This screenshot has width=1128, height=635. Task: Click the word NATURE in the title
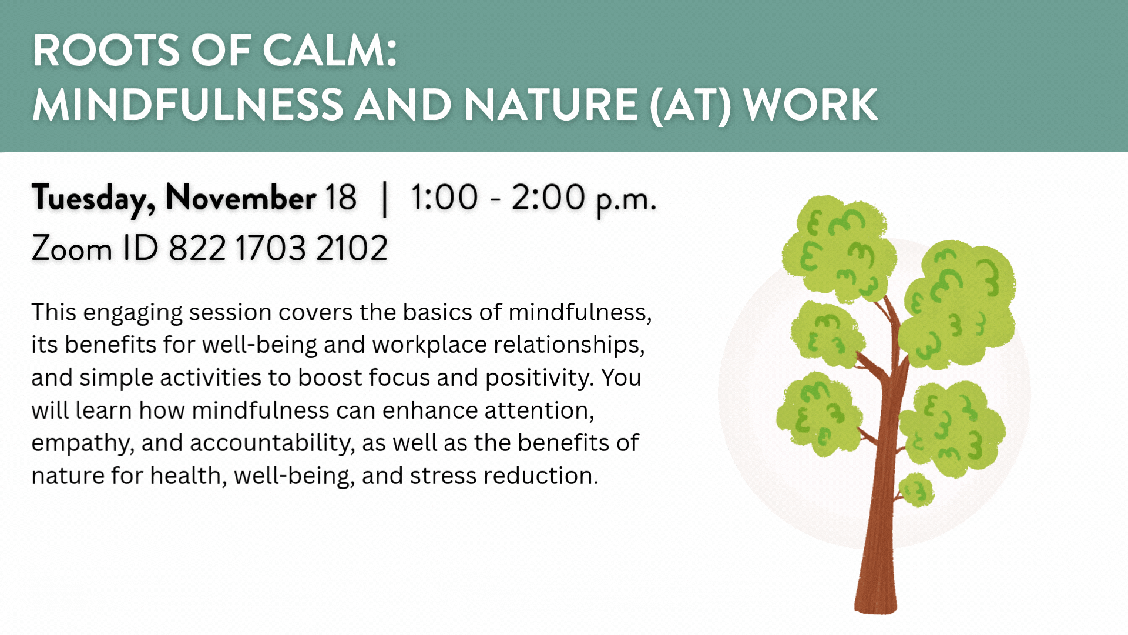550,105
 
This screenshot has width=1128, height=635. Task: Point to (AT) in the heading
690,105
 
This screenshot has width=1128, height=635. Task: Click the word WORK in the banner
810,105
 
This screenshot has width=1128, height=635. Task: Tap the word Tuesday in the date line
93,198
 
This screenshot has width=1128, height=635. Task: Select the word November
241,198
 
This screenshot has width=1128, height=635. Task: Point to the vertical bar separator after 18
385,199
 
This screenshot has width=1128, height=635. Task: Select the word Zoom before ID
72,248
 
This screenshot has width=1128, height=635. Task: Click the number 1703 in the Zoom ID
271,248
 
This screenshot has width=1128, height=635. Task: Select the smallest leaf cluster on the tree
916,489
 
